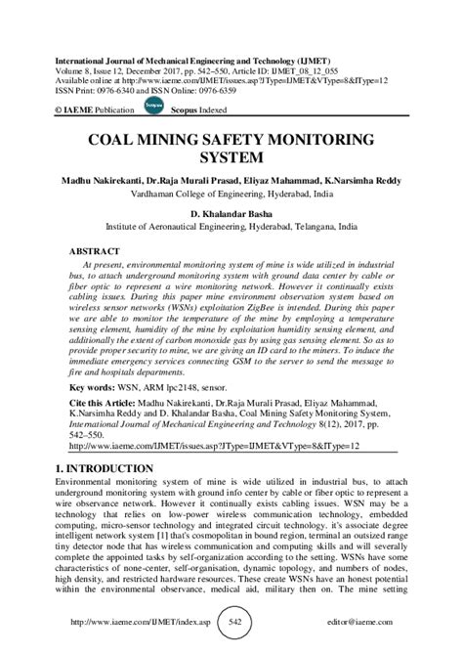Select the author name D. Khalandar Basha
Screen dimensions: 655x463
coord(231,209)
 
